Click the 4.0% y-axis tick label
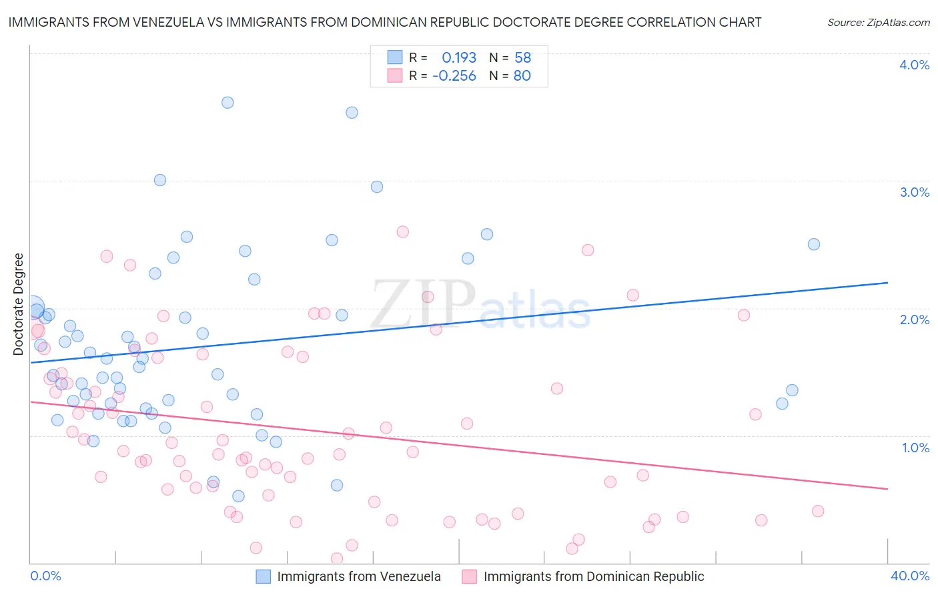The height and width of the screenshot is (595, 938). (914, 65)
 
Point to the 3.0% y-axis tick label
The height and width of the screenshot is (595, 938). (914, 192)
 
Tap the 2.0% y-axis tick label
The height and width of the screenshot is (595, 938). (914, 320)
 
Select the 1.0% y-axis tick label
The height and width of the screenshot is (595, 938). (915, 448)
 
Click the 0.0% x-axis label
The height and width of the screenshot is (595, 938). (45, 576)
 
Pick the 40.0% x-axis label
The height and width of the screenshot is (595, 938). (910, 576)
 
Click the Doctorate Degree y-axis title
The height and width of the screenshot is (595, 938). (19, 304)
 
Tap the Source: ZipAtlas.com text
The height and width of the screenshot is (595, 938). (878, 23)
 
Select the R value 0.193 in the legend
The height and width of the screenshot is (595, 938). (459, 58)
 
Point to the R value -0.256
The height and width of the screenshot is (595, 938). (454, 76)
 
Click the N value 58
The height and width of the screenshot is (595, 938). (522, 58)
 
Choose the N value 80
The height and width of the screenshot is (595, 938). (522, 76)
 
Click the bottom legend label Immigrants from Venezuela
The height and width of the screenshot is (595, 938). (359, 576)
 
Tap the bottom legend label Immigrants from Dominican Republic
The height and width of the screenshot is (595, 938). (594, 576)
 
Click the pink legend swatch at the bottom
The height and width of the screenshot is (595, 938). (470, 576)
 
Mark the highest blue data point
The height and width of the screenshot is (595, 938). (227, 103)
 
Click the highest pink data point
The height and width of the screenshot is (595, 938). (402, 232)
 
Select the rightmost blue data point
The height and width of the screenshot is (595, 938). (813, 244)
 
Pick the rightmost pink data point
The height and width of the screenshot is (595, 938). (818, 511)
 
